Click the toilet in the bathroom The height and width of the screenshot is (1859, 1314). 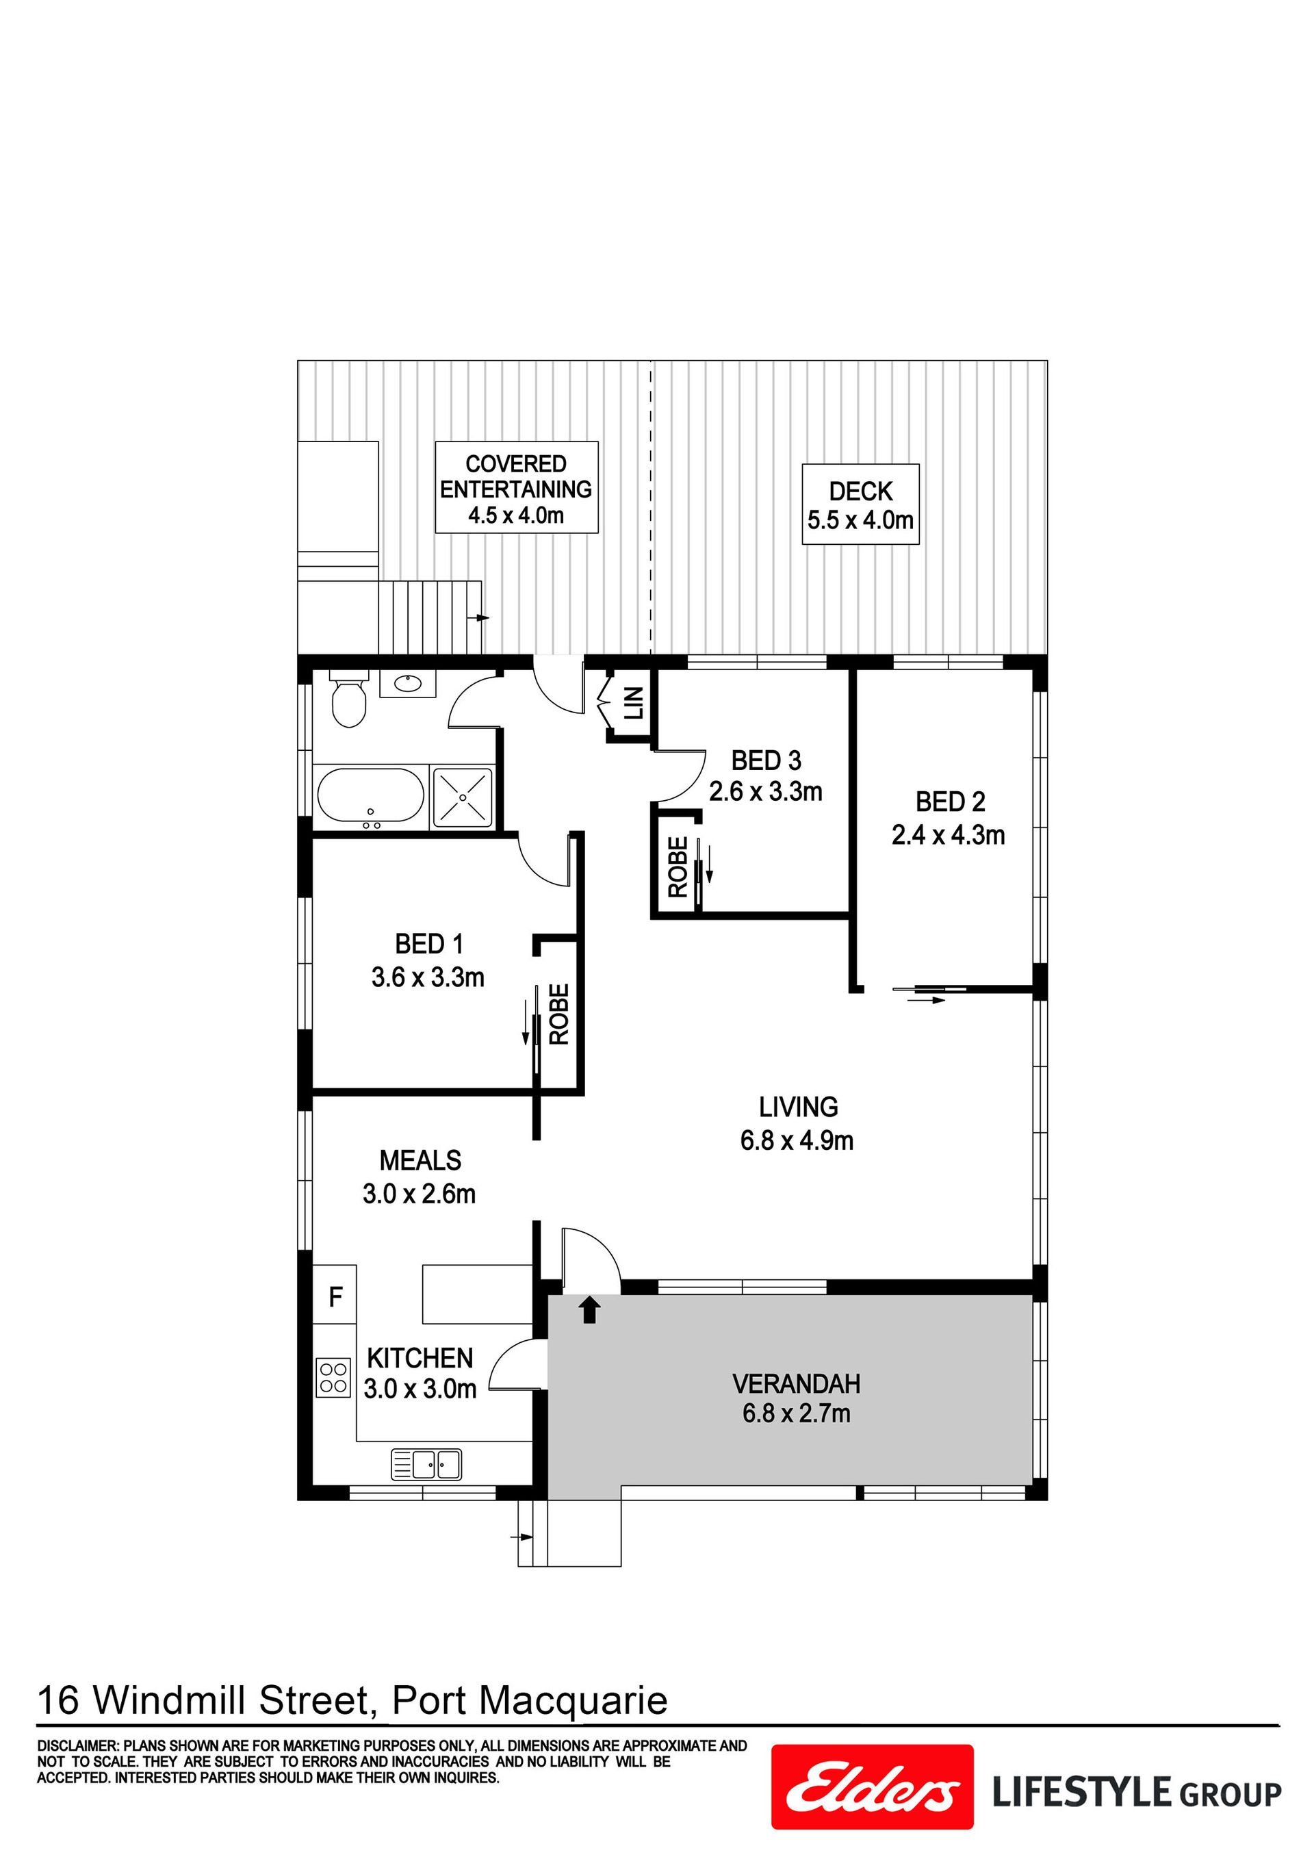pos(350,700)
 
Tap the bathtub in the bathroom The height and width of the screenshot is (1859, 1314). pos(371,797)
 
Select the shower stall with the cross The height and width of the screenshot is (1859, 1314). pos(462,797)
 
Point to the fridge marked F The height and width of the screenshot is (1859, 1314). pos(335,1296)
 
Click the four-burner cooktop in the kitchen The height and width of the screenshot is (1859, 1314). pos(333,1377)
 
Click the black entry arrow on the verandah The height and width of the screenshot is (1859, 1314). pos(589,1309)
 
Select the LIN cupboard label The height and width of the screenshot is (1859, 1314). pos(634,703)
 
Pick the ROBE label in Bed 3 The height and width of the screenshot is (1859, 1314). pos(678,867)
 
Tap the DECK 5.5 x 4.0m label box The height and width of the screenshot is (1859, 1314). pos(861,504)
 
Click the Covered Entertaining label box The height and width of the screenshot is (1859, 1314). pos(517,487)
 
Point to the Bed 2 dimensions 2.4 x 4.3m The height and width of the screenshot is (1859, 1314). pos(948,835)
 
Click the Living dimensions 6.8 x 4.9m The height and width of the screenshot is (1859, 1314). pos(797,1141)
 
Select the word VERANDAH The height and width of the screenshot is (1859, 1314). pos(797,1384)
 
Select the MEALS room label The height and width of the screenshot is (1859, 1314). pos(420,1160)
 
